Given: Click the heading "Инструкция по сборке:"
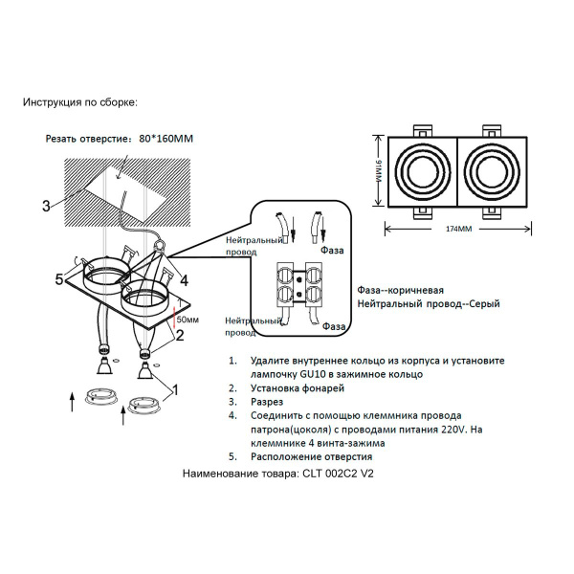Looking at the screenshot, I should pyautogui.click(x=79, y=101).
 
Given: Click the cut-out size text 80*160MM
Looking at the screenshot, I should pyautogui.click(x=166, y=138).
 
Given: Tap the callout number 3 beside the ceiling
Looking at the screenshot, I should pyautogui.click(x=45, y=205).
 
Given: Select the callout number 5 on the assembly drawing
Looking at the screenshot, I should pyautogui.click(x=58, y=279).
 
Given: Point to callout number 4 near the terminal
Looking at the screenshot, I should pyautogui.click(x=184, y=280).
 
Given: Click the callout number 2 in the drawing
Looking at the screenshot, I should pyautogui.click(x=179, y=335).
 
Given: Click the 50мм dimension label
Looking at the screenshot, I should pyautogui.click(x=188, y=319).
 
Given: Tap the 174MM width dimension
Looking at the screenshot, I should pyautogui.click(x=459, y=230).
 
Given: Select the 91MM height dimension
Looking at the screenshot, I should pyautogui.click(x=378, y=172).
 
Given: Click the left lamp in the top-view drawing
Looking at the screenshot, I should pyautogui.click(x=420, y=172).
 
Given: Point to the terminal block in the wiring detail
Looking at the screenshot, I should pyautogui.click(x=300, y=285).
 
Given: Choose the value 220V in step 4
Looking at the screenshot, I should pyautogui.click(x=443, y=430).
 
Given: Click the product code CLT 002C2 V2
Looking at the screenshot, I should pyautogui.click(x=337, y=474).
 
